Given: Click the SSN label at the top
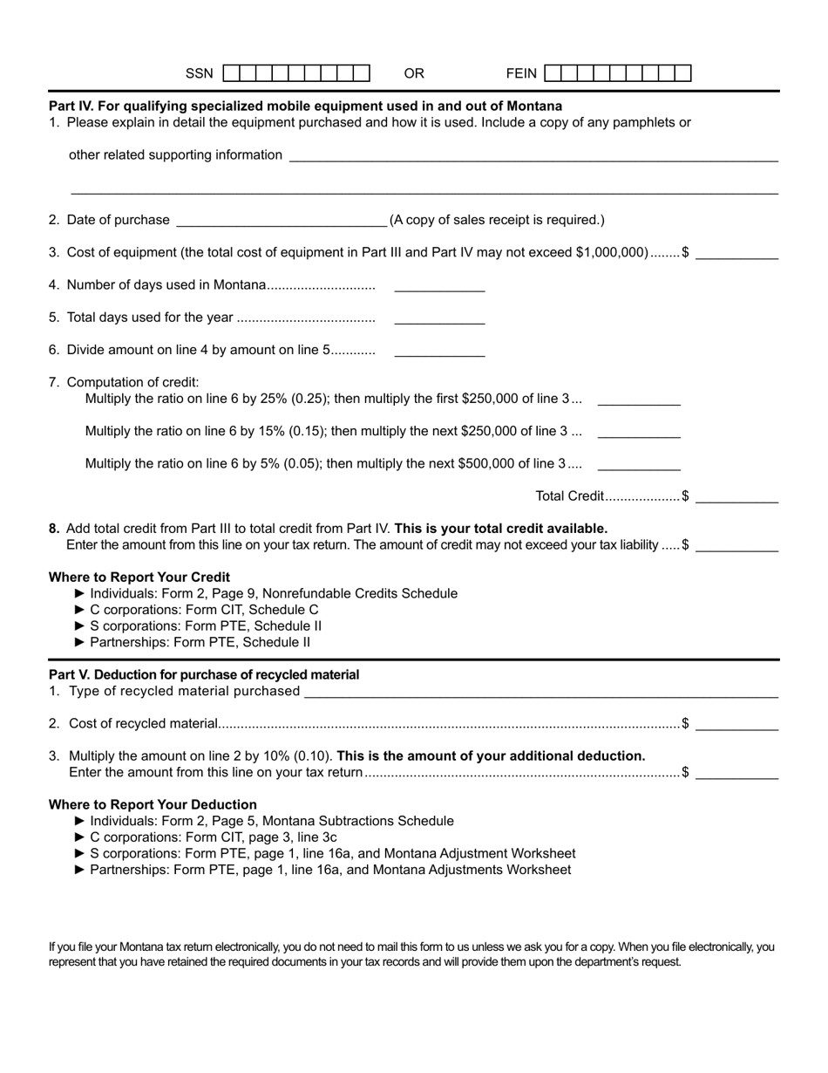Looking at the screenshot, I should pyautogui.click(x=199, y=73).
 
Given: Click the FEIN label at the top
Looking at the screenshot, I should pyautogui.click(x=522, y=73).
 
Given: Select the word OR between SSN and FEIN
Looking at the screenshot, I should pyautogui.click(x=414, y=73).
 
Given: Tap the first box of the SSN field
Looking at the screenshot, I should pyautogui.click(x=232, y=73).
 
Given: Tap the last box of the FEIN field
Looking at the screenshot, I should pyautogui.click(x=682, y=73).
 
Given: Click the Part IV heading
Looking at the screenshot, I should pyautogui.click(x=305, y=106).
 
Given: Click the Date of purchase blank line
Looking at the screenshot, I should pyautogui.click(x=282, y=219).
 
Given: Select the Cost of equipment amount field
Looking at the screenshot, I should pyautogui.click(x=736, y=252).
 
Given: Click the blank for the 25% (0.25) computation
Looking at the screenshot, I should pyautogui.click(x=639, y=399).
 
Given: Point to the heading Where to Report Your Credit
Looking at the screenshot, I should pyautogui.click(x=139, y=577).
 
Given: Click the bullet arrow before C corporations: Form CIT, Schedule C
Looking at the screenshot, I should pyautogui.click(x=81, y=610).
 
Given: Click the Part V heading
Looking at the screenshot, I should pyautogui.click(x=204, y=674).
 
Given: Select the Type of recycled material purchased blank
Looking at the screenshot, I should pyautogui.click(x=540, y=691).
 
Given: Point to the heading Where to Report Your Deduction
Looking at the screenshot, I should pyautogui.click(x=153, y=804).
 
